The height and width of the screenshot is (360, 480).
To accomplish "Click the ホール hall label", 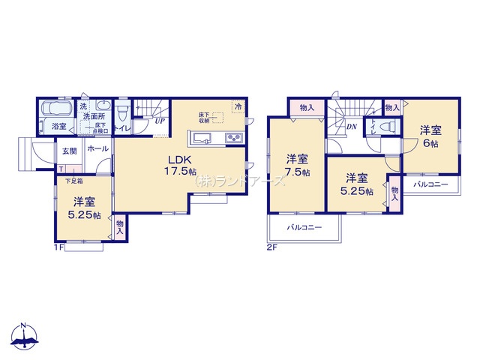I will tap(98, 149).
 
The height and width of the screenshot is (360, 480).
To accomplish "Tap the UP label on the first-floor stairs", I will tap(160, 120).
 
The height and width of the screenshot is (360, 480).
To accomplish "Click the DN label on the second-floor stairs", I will tap(351, 127).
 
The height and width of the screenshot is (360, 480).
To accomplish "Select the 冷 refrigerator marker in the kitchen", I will tap(238, 107).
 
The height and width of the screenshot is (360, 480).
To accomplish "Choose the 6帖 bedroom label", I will tap(429, 135).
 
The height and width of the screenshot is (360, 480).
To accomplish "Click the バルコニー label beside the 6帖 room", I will tap(430, 184).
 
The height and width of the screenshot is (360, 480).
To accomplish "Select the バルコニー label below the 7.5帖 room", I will tap(303, 227).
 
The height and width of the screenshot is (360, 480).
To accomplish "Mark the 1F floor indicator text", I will tap(57, 247).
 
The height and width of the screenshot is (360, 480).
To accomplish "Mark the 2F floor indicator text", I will tap(271, 247).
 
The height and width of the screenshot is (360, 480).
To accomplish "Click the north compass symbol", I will tap(24, 337).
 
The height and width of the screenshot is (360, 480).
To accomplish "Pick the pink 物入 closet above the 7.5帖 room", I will tap(307, 108).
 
